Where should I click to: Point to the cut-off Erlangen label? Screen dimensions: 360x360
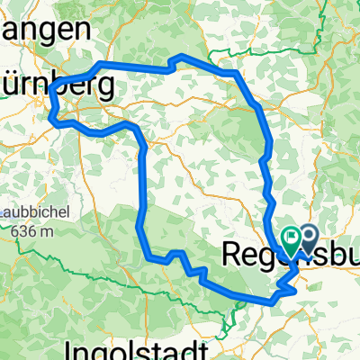tap(45, 27)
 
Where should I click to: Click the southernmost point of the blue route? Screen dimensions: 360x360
tap(270, 304)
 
